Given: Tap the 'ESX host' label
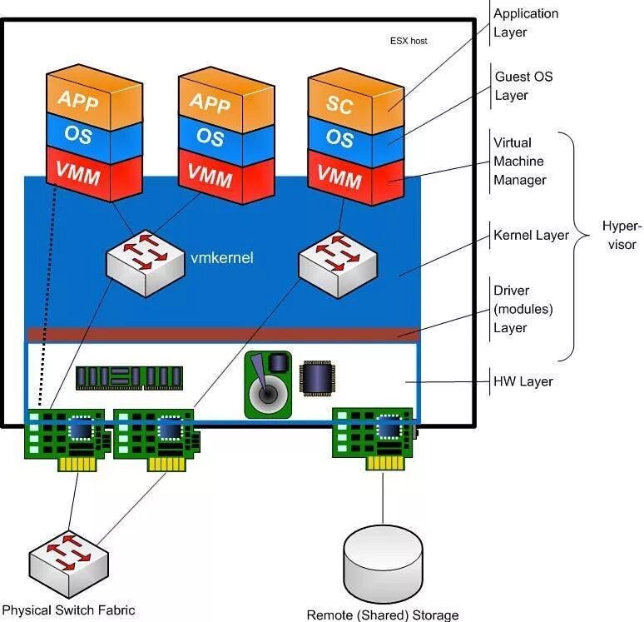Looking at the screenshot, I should (x=409, y=40).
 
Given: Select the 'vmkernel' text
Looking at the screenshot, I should (x=223, y=258).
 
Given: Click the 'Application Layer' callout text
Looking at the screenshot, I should (x=526, y=23).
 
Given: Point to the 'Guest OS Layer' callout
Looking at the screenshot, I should (x=523, y=86).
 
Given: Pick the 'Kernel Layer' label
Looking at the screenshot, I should (x=531, y=236).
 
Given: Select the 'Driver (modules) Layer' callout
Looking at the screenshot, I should (x=523, y=309).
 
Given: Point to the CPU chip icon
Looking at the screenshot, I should (x=317, y=377).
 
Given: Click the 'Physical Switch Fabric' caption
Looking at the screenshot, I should (x=68, y=610).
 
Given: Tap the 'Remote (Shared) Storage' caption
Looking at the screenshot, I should (x=383, y=615).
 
